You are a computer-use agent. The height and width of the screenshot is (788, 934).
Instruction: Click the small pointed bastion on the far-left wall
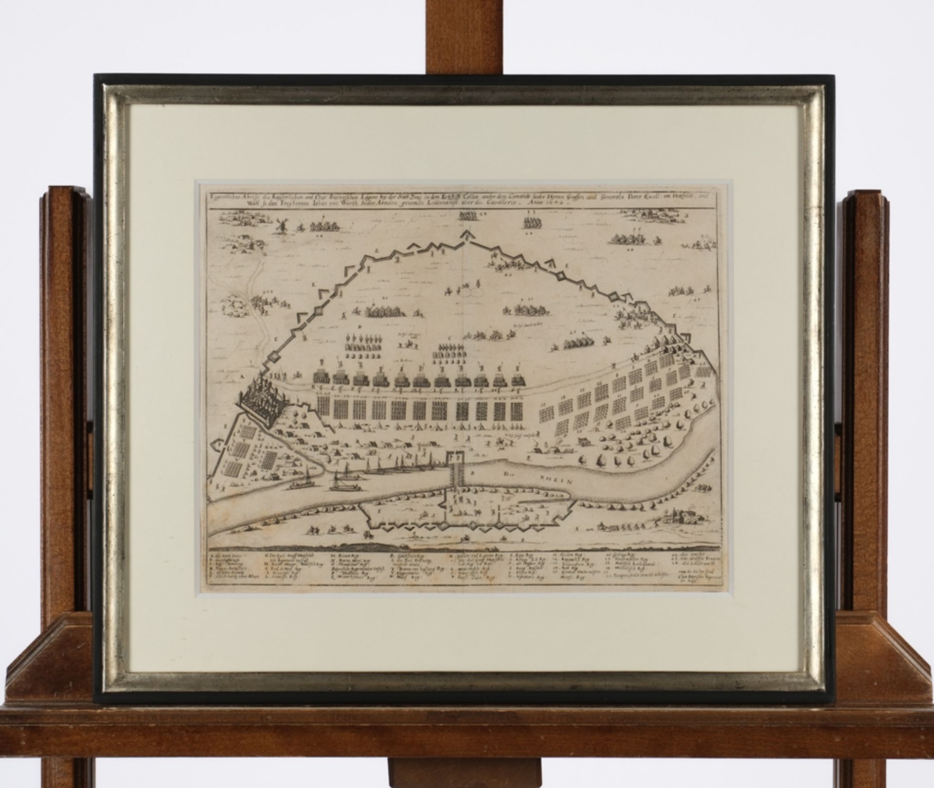point(218,445)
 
